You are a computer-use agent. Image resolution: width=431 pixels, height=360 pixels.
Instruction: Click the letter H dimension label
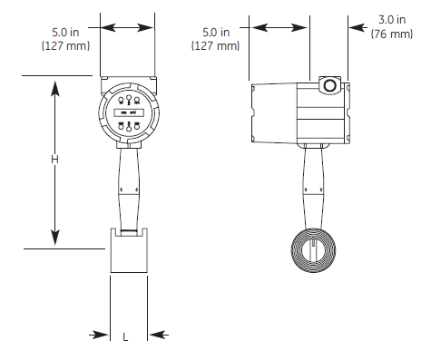coord(54,160)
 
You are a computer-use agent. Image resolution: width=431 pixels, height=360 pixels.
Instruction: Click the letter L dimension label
coord(125,336)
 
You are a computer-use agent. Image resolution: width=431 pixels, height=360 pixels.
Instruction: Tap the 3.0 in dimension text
coord(392,20)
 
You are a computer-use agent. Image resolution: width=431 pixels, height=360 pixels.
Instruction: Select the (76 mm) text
coord(392,34)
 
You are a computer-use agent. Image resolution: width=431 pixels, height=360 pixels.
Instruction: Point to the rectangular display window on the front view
coord(129,112)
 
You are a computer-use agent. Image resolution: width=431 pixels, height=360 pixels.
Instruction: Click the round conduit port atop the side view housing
coord(329,85)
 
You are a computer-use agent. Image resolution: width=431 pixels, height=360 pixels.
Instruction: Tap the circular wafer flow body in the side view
coord(313,250)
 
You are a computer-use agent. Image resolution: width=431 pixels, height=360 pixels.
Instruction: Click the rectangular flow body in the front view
coord(129,250)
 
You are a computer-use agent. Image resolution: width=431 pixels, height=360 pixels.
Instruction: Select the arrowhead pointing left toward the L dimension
coord(158,335)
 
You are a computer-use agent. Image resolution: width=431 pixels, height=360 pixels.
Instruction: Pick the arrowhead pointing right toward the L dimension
coord(100,335)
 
